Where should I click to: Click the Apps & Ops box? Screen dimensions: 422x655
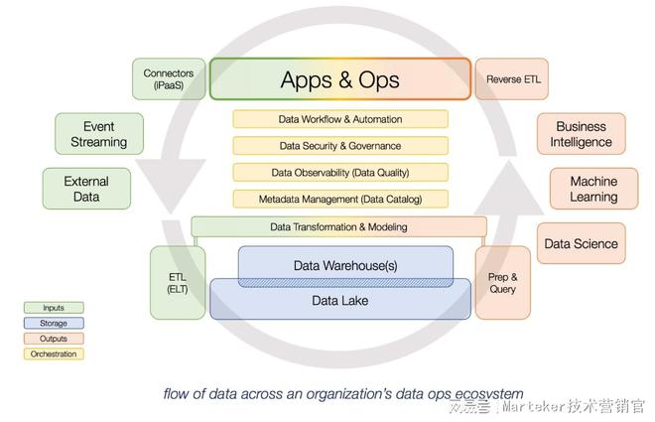point(339,79)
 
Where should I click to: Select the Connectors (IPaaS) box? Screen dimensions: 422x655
point(169,79)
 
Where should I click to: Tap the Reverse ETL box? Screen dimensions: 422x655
point(511,79)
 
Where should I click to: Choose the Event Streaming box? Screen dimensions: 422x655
point(98,134)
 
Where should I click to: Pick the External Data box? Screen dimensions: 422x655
point(86,189)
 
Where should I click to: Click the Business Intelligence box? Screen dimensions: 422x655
point(581,134)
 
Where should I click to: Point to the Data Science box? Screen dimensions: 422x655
point(581,243)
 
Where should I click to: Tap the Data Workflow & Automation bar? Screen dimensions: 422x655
point(340,119)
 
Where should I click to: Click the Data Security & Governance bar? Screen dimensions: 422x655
point(340,146)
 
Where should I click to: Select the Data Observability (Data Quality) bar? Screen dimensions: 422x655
point(340,172)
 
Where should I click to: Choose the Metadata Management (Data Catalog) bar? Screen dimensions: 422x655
point(340,199)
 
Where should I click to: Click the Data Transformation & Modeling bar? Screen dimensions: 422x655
point(338,226)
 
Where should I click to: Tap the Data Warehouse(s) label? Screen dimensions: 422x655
point(345,266)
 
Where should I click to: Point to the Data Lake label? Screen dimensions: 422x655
point(340,300)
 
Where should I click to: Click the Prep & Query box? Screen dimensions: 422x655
point(503,282)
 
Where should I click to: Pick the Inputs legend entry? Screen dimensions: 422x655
point(54,308)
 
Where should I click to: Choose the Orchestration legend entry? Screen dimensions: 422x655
point(54,353)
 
